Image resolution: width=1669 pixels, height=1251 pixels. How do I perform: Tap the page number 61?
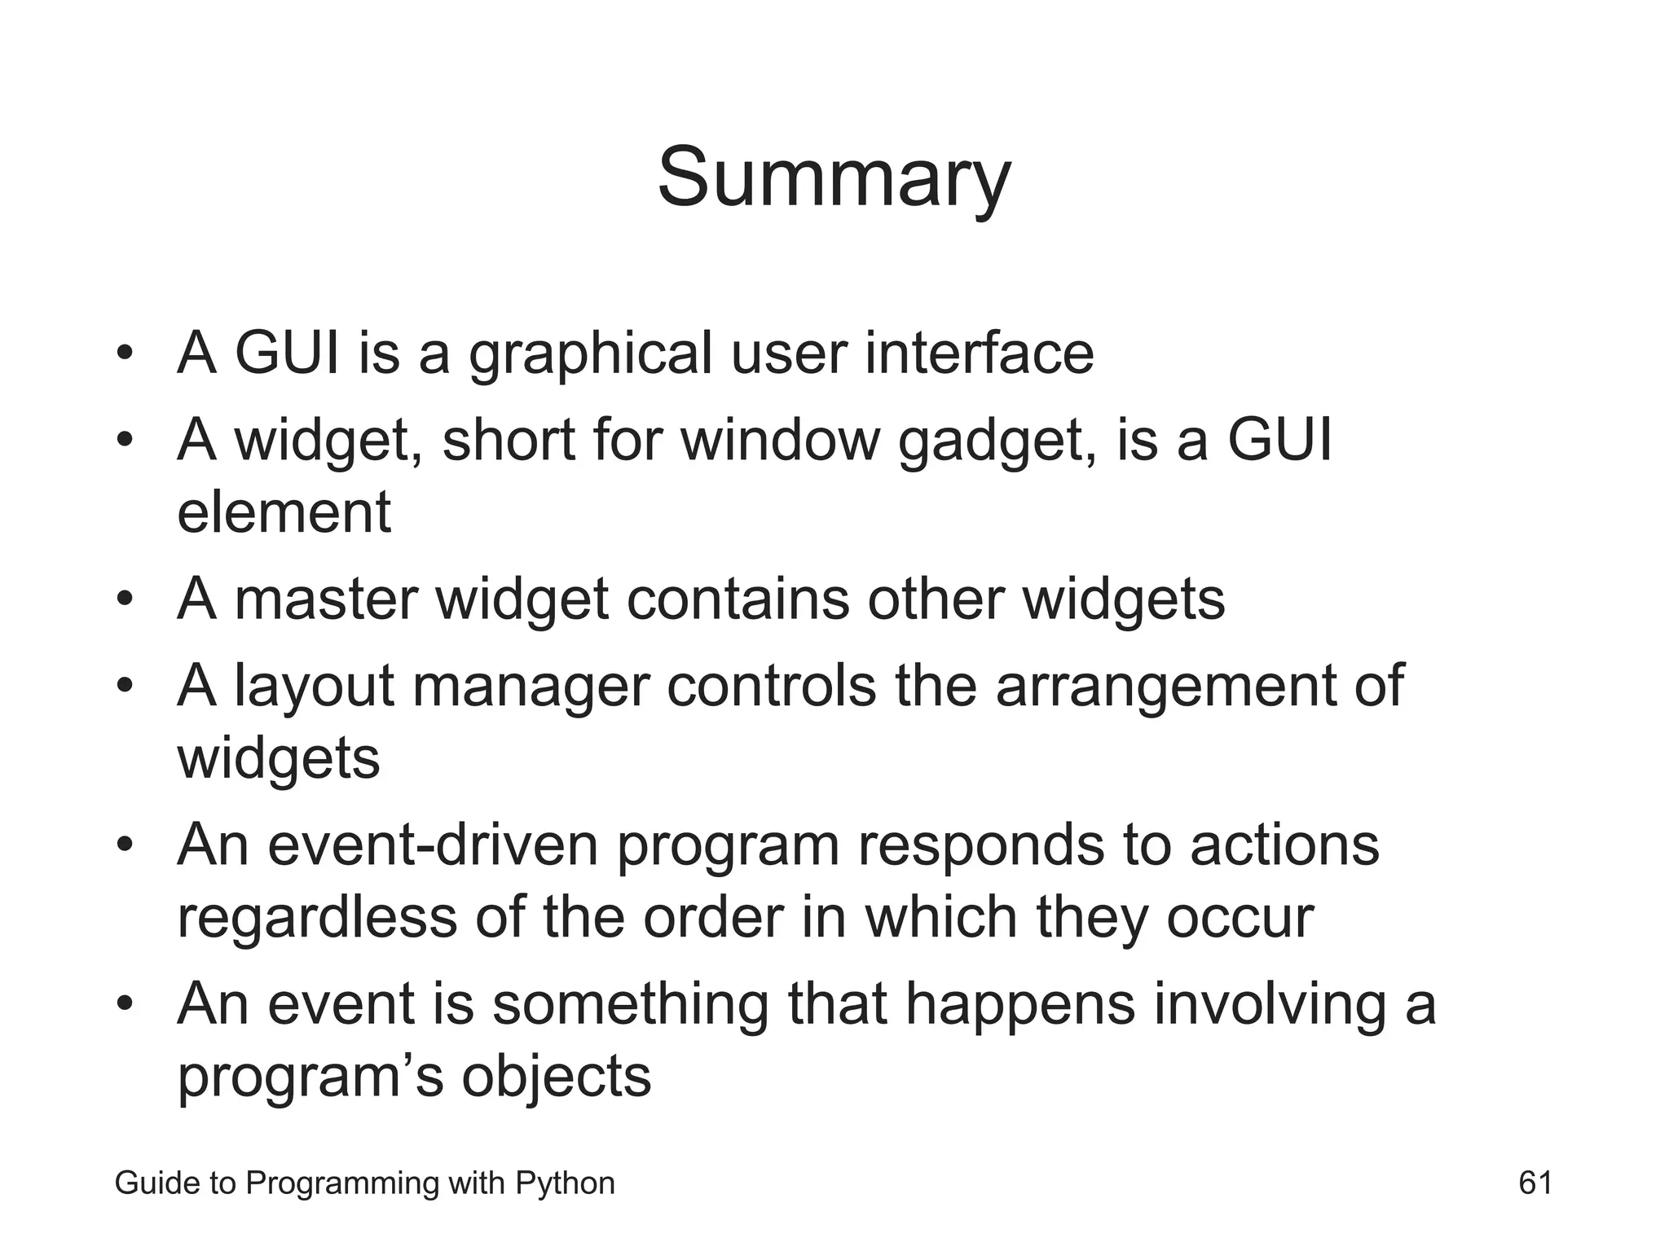point(1535,1183)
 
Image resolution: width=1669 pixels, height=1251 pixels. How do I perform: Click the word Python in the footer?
point(565,1183)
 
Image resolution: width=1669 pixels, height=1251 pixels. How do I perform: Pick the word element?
point(284,512)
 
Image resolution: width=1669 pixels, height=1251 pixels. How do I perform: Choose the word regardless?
point(317,918)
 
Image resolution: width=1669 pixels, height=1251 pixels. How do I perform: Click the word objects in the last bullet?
point(557,1077)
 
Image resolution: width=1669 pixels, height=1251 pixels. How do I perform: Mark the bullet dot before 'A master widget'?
point(124,600)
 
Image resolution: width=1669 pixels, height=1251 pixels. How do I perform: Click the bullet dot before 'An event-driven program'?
point(124,845)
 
